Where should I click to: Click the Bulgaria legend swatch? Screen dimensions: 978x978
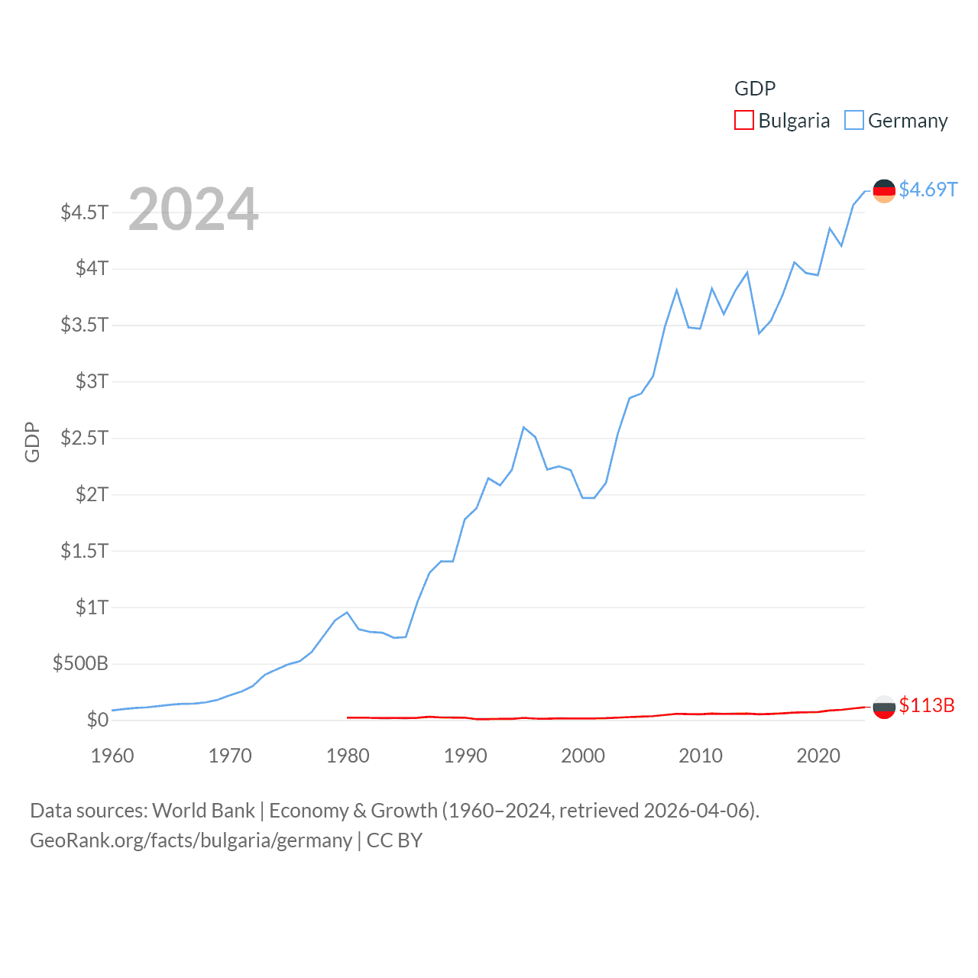point(743,121)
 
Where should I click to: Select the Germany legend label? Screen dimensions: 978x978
point(908,121)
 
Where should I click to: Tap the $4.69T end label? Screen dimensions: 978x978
point(928,189)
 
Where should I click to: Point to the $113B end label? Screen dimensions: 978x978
point(927,705)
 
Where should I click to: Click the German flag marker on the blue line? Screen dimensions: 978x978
point(884,191)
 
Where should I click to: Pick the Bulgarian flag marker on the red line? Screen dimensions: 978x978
point(884,708)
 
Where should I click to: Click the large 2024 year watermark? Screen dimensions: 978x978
point(193,209)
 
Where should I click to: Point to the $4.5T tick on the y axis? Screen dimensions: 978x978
point(85,212)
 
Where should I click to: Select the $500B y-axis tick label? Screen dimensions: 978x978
point(80,663)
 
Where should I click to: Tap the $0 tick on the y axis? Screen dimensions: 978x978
point(97,720)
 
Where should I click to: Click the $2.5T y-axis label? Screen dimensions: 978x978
point(85,438)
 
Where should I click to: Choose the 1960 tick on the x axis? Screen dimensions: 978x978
point(112,756)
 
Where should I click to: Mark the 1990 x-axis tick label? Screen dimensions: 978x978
point(465,756)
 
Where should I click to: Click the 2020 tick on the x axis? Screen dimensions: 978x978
point(818,756)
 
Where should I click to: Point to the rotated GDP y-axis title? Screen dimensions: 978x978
point(32,442)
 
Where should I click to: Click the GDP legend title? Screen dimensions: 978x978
point(755,89)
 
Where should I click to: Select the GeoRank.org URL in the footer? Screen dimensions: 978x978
point(191,840)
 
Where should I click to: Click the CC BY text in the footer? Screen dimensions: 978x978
point(394,840)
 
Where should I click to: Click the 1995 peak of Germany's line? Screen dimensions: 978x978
point(524,427)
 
